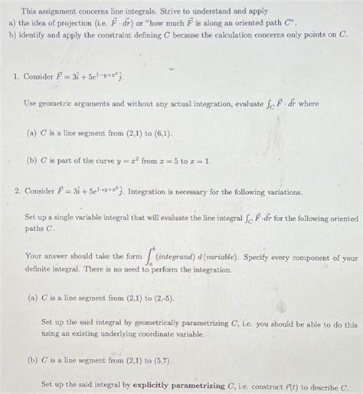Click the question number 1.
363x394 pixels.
[16, 77]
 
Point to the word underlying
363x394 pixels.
[118, 334]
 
